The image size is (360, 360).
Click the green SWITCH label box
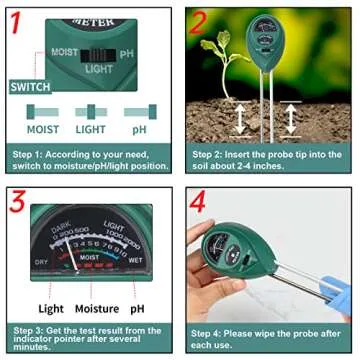point(31,87)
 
